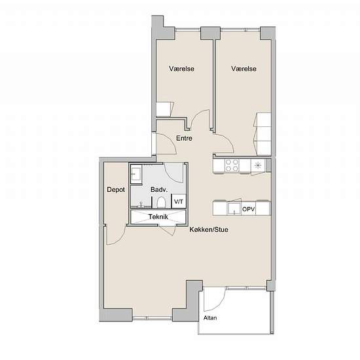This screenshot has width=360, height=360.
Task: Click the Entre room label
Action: (x=184, y=138)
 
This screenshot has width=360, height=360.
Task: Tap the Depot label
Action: (x=116, y=190)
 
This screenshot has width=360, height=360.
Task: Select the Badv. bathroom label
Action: (x=159, y=190)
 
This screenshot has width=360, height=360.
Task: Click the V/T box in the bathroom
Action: (x=179, y=202)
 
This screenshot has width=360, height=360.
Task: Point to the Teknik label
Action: (x=158, y=217)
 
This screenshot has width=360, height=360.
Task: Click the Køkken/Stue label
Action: (x=209, y=230)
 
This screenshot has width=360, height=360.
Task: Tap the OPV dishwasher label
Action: (x=249, y=209)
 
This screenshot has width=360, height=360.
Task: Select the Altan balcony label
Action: (x=210, y=318)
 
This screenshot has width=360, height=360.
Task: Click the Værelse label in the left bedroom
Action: (x=181, y=69)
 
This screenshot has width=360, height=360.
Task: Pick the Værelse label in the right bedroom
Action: (x=244, y=69)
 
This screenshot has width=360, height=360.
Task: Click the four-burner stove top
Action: (x=232, y=166)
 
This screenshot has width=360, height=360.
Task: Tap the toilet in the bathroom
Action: (x=161, y=202)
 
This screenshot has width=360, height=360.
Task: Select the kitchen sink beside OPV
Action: (x=234, y=208)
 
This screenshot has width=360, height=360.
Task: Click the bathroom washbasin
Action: (x=136, y=174)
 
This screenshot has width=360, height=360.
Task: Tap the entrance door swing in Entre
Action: (x=166, y=143)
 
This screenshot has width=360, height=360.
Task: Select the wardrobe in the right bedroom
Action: (x=262, y=134)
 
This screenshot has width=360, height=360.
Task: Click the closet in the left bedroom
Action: (x=165, y=109)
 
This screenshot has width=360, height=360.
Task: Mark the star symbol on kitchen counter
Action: (x=258, y=165)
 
